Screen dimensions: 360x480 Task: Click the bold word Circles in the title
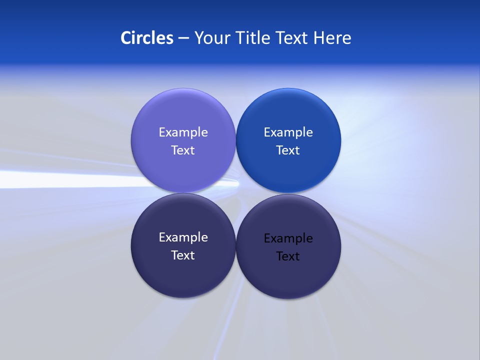147,38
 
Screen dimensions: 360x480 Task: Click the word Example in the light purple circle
183,132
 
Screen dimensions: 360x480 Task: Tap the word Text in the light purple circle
183,150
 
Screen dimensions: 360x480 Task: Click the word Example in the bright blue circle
288,132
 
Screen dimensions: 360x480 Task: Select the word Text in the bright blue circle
288,150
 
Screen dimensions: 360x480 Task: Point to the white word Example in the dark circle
183,237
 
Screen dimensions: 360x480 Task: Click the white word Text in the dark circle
183,255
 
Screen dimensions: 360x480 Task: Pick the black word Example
288,238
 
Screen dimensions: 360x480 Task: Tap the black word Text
288,256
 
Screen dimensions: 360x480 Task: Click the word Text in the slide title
292,38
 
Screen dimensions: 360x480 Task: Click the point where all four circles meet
236,193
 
